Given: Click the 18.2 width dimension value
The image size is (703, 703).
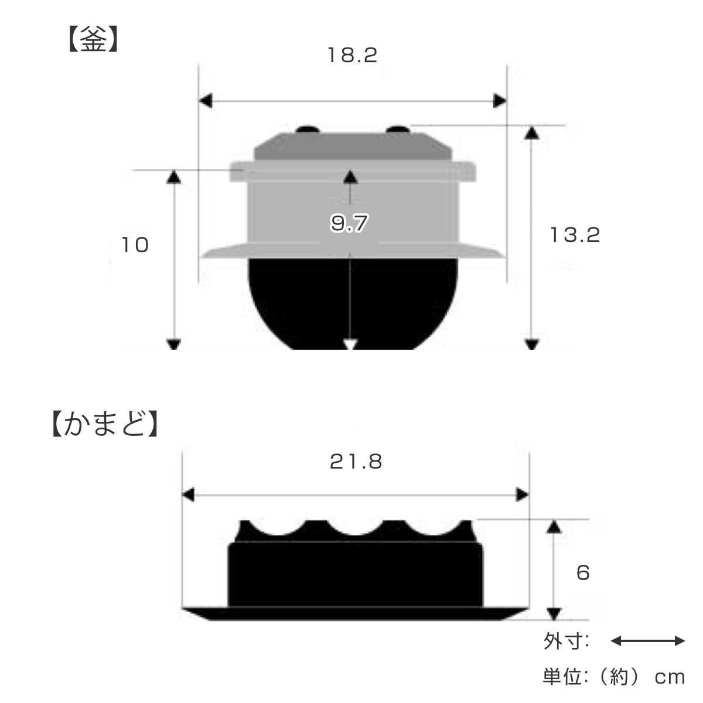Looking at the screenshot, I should point(352,56).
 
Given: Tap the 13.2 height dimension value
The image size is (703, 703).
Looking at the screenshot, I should point(575,235).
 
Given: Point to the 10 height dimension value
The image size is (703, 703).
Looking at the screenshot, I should point(135,245).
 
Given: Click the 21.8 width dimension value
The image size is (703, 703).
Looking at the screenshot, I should point(356,462).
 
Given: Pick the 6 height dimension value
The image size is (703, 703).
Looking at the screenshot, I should point(582,572).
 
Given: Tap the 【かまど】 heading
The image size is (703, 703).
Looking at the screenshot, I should point(104,426).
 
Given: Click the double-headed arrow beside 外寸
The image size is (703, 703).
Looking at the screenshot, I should point(647,641).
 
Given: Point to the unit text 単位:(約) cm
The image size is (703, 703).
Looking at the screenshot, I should point(613,677).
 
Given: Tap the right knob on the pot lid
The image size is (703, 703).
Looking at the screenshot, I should point(398,129).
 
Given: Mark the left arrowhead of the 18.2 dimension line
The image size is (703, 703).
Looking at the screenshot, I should point(205,101).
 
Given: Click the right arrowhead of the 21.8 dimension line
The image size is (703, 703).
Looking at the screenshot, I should point(521,496).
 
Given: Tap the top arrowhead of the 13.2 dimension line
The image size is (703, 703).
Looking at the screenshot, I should point(531,132).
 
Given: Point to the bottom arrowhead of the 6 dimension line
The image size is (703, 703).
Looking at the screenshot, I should point(552,613).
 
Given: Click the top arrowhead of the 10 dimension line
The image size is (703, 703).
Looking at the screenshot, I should point(174,176).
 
